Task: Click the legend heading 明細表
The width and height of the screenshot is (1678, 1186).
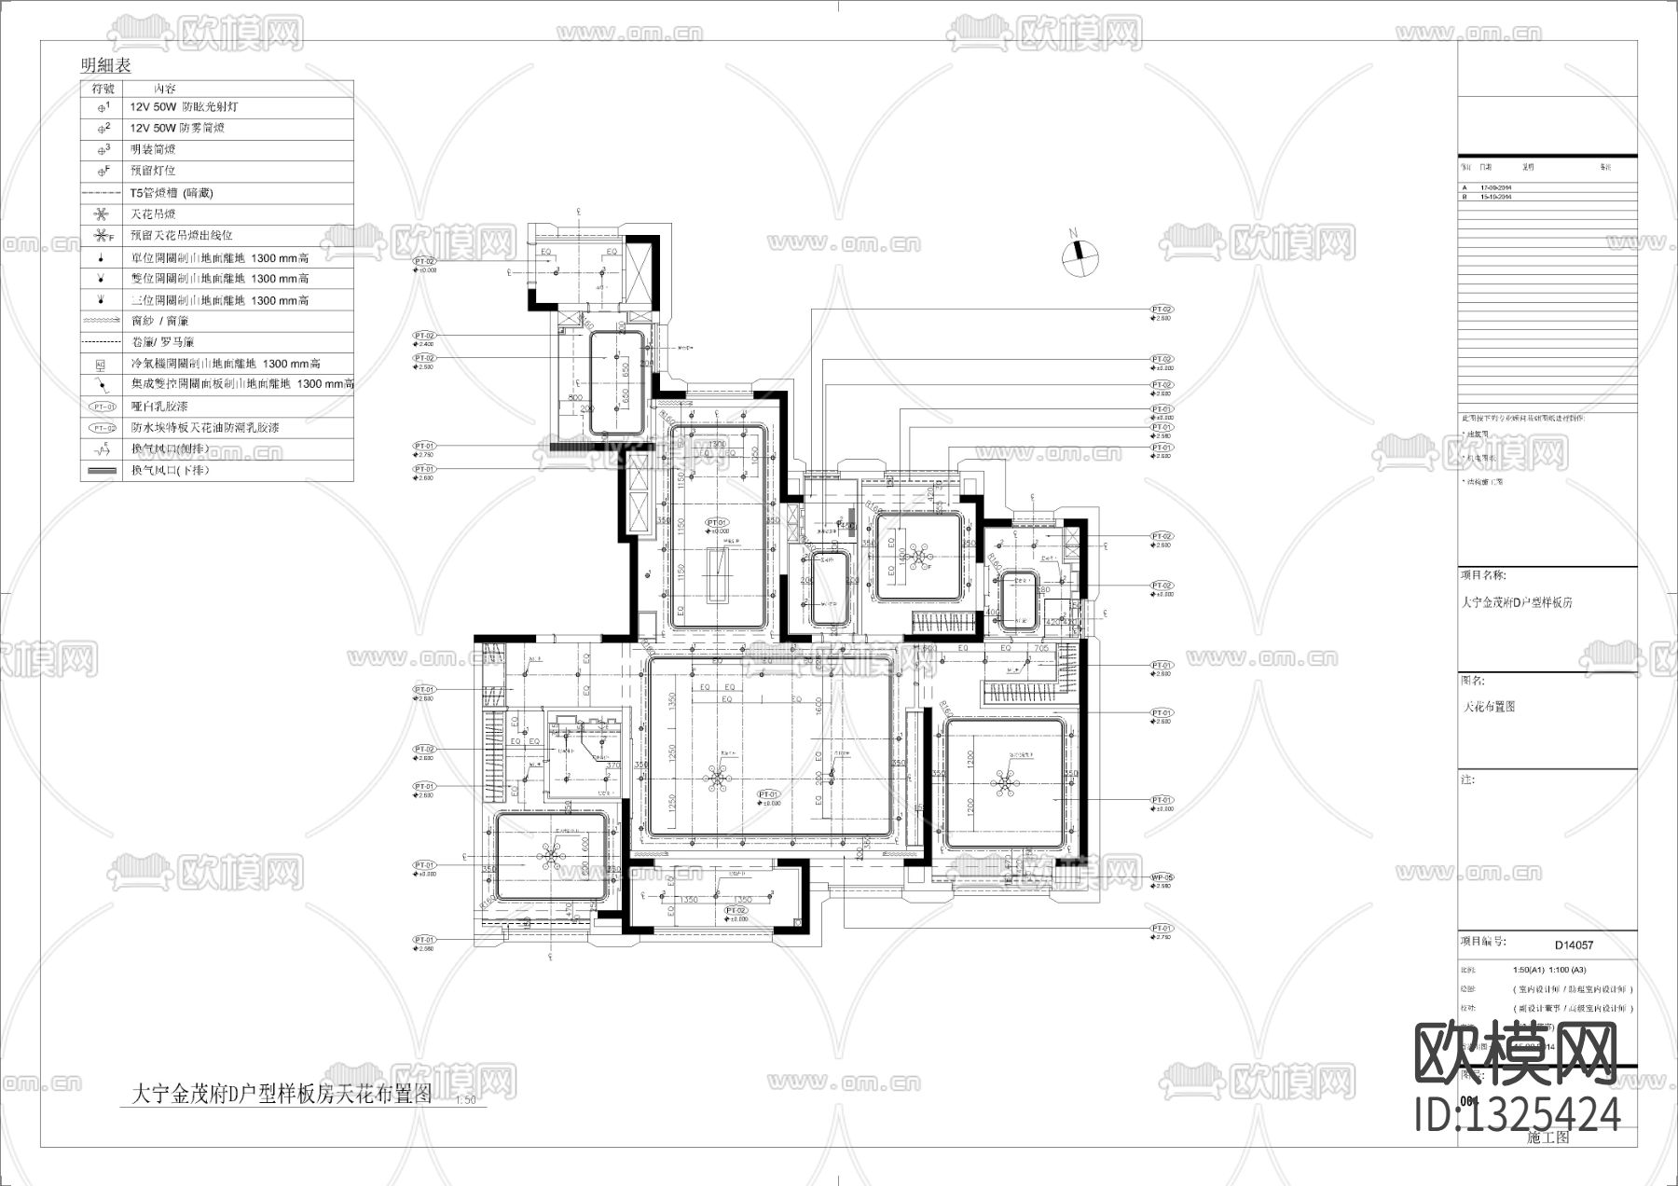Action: [x=105, y=65]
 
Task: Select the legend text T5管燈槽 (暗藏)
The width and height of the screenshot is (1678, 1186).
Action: [x=172, y=193]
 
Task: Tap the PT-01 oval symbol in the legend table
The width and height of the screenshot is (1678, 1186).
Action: [x=103, y=407]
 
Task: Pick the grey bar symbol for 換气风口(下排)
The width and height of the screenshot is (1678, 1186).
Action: [x=103, y=471]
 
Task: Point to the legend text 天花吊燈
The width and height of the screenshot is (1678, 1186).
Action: [x=153, y=214]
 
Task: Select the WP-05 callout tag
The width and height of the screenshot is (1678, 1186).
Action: [x=1162, y=877]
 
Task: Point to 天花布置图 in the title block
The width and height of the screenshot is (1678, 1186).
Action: [x=1490, y=707]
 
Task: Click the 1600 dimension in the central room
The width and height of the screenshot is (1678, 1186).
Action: [x=819, y=707]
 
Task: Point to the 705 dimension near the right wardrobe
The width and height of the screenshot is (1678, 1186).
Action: [x=1041, y=647]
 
